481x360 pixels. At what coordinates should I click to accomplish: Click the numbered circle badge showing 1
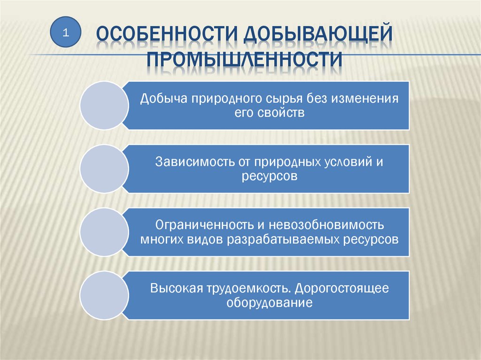coord(66,32)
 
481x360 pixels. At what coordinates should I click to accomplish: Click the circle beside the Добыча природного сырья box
coord(105,106)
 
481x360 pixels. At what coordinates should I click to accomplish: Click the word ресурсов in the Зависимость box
coord(270,176)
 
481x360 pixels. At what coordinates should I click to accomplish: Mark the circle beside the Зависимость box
coord(105,169)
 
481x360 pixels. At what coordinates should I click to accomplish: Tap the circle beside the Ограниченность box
coord(105,232)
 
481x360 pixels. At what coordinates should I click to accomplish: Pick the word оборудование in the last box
coord(270,302)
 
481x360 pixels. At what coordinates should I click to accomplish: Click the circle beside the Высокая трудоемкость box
coord(105,295)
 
